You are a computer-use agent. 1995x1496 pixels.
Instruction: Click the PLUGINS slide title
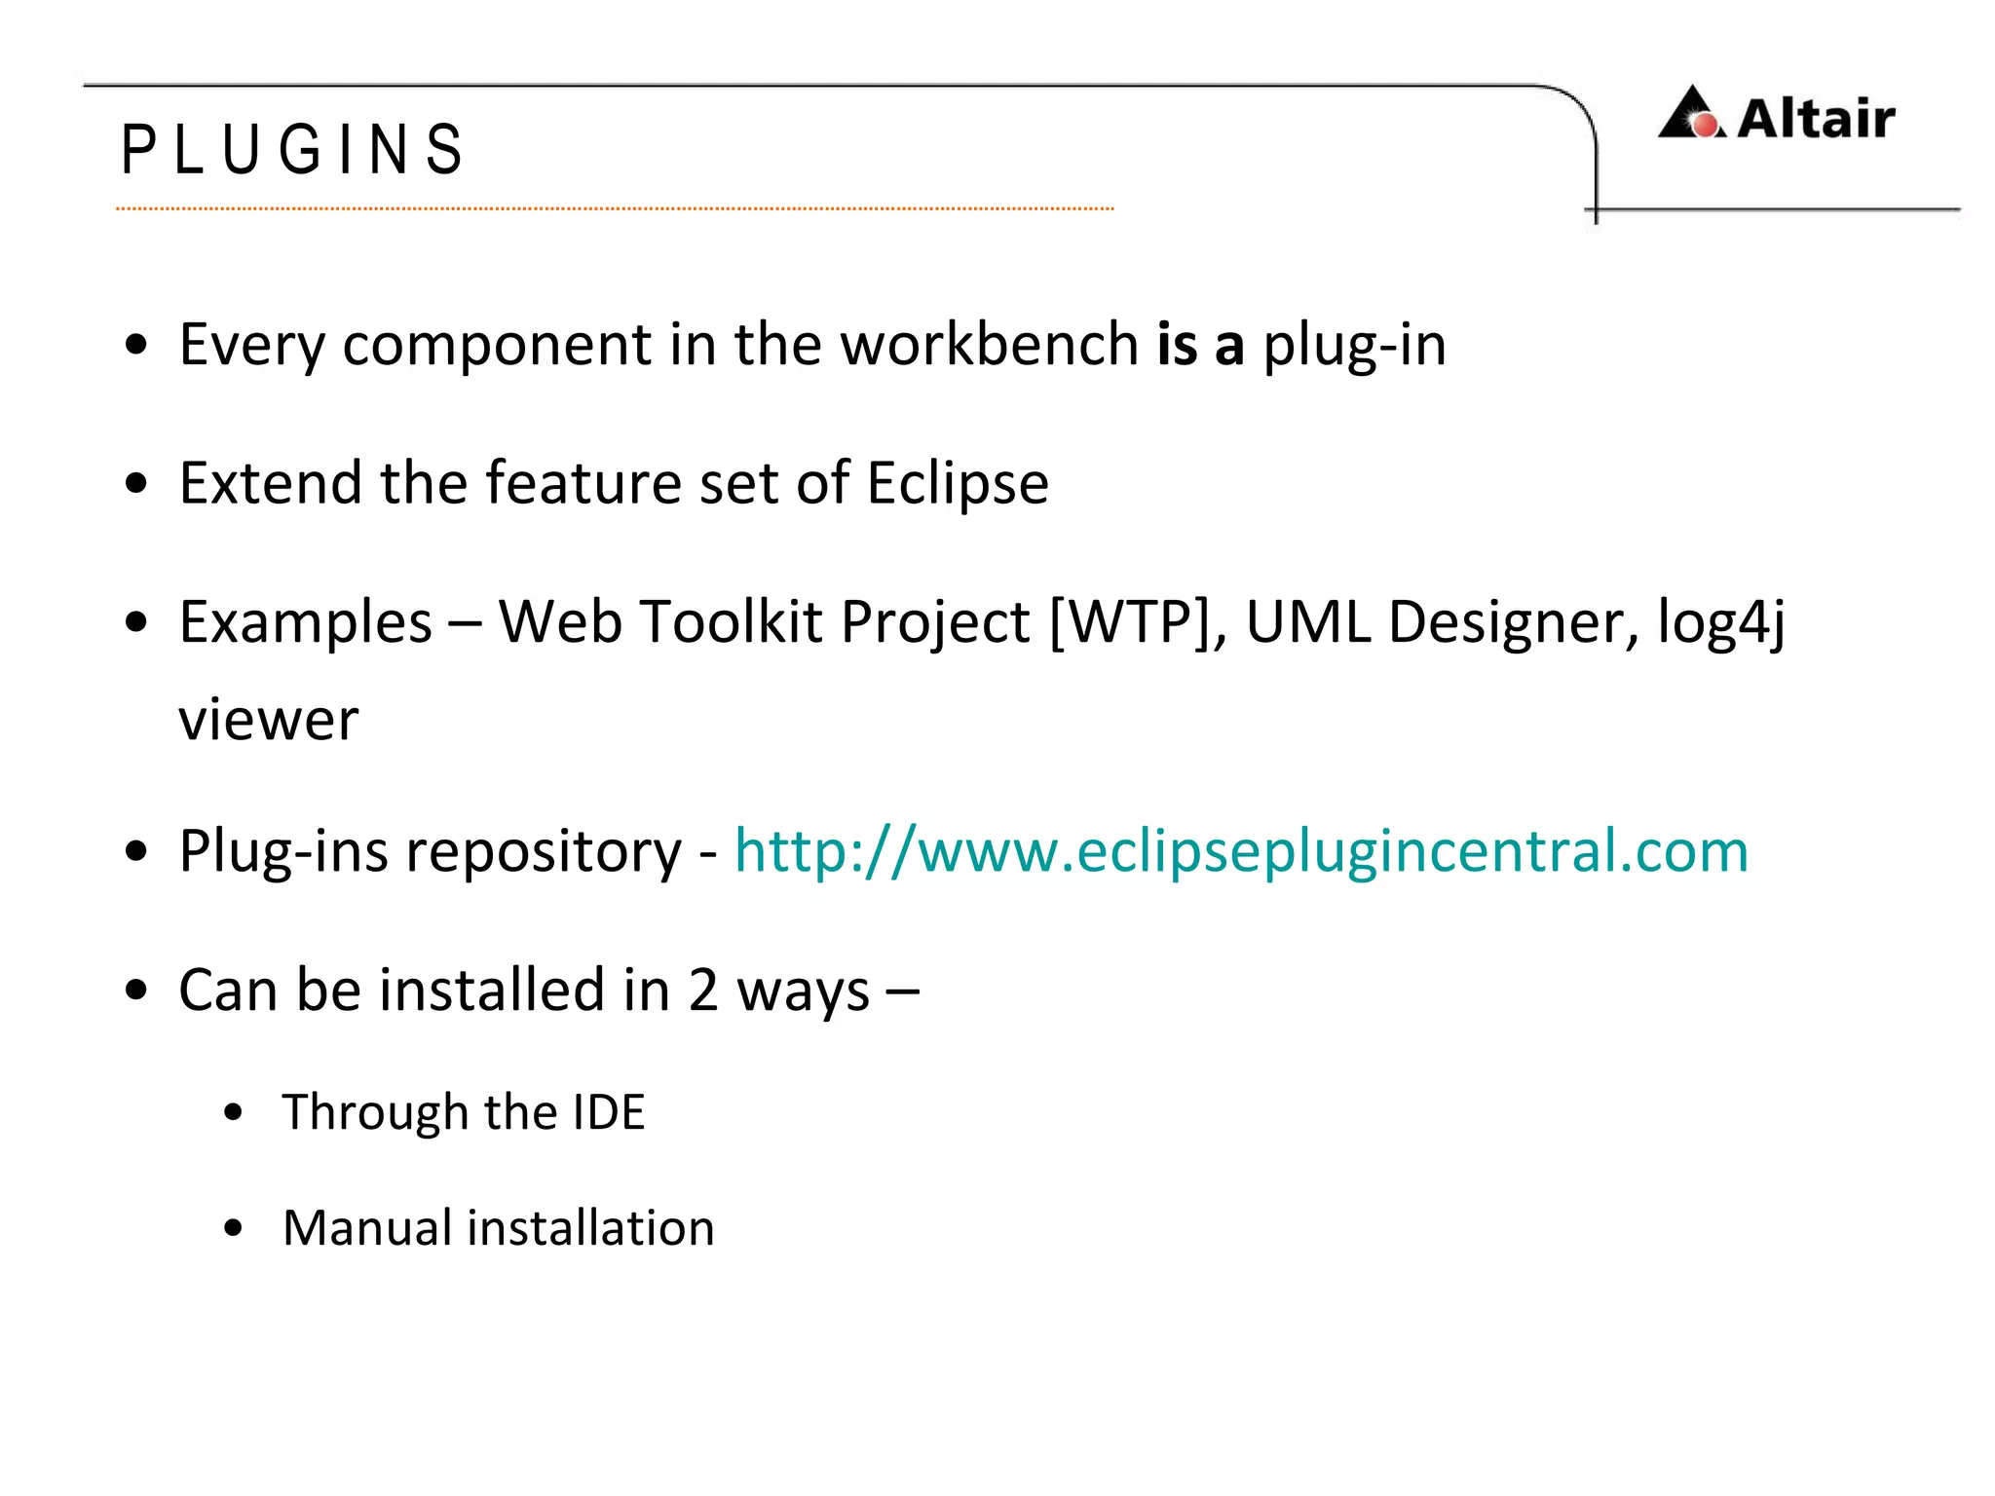click(x=292, y=150)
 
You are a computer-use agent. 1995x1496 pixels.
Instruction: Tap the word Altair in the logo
click(x=1816, y=119)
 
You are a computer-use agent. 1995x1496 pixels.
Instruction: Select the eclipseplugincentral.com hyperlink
click(x=1241, y=850)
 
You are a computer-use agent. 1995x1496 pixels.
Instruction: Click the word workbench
click(x=989, y=344)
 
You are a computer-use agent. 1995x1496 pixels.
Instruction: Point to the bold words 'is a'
click(x=1200, y=344)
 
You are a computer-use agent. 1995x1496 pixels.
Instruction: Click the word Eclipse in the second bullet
click(x=958, y=483)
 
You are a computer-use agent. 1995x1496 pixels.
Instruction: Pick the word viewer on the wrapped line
click(x=269, y=720)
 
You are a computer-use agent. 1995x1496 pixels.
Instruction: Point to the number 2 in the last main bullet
click(x=702, y=991)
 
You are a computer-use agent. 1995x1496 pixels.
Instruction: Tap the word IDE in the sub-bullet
click(x=609, y=1112)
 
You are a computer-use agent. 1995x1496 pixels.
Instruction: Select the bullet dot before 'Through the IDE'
click(x=233, y=1113)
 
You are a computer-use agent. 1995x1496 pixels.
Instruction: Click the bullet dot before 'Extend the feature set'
click(x=136, y=483)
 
